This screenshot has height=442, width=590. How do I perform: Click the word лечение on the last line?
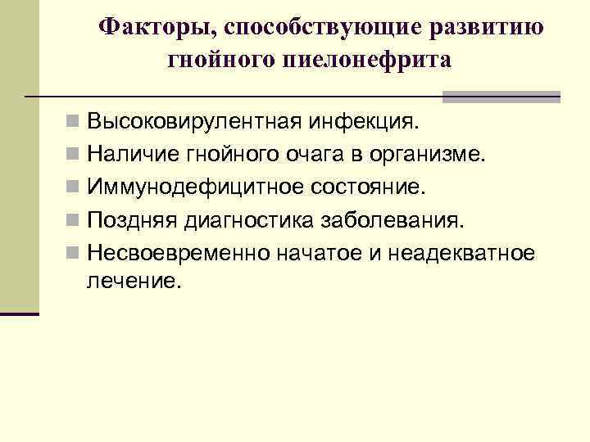130,282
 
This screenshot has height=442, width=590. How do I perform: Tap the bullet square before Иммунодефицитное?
74,188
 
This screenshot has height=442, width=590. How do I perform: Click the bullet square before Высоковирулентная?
74,123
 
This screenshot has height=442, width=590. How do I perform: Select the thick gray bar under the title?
501,97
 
